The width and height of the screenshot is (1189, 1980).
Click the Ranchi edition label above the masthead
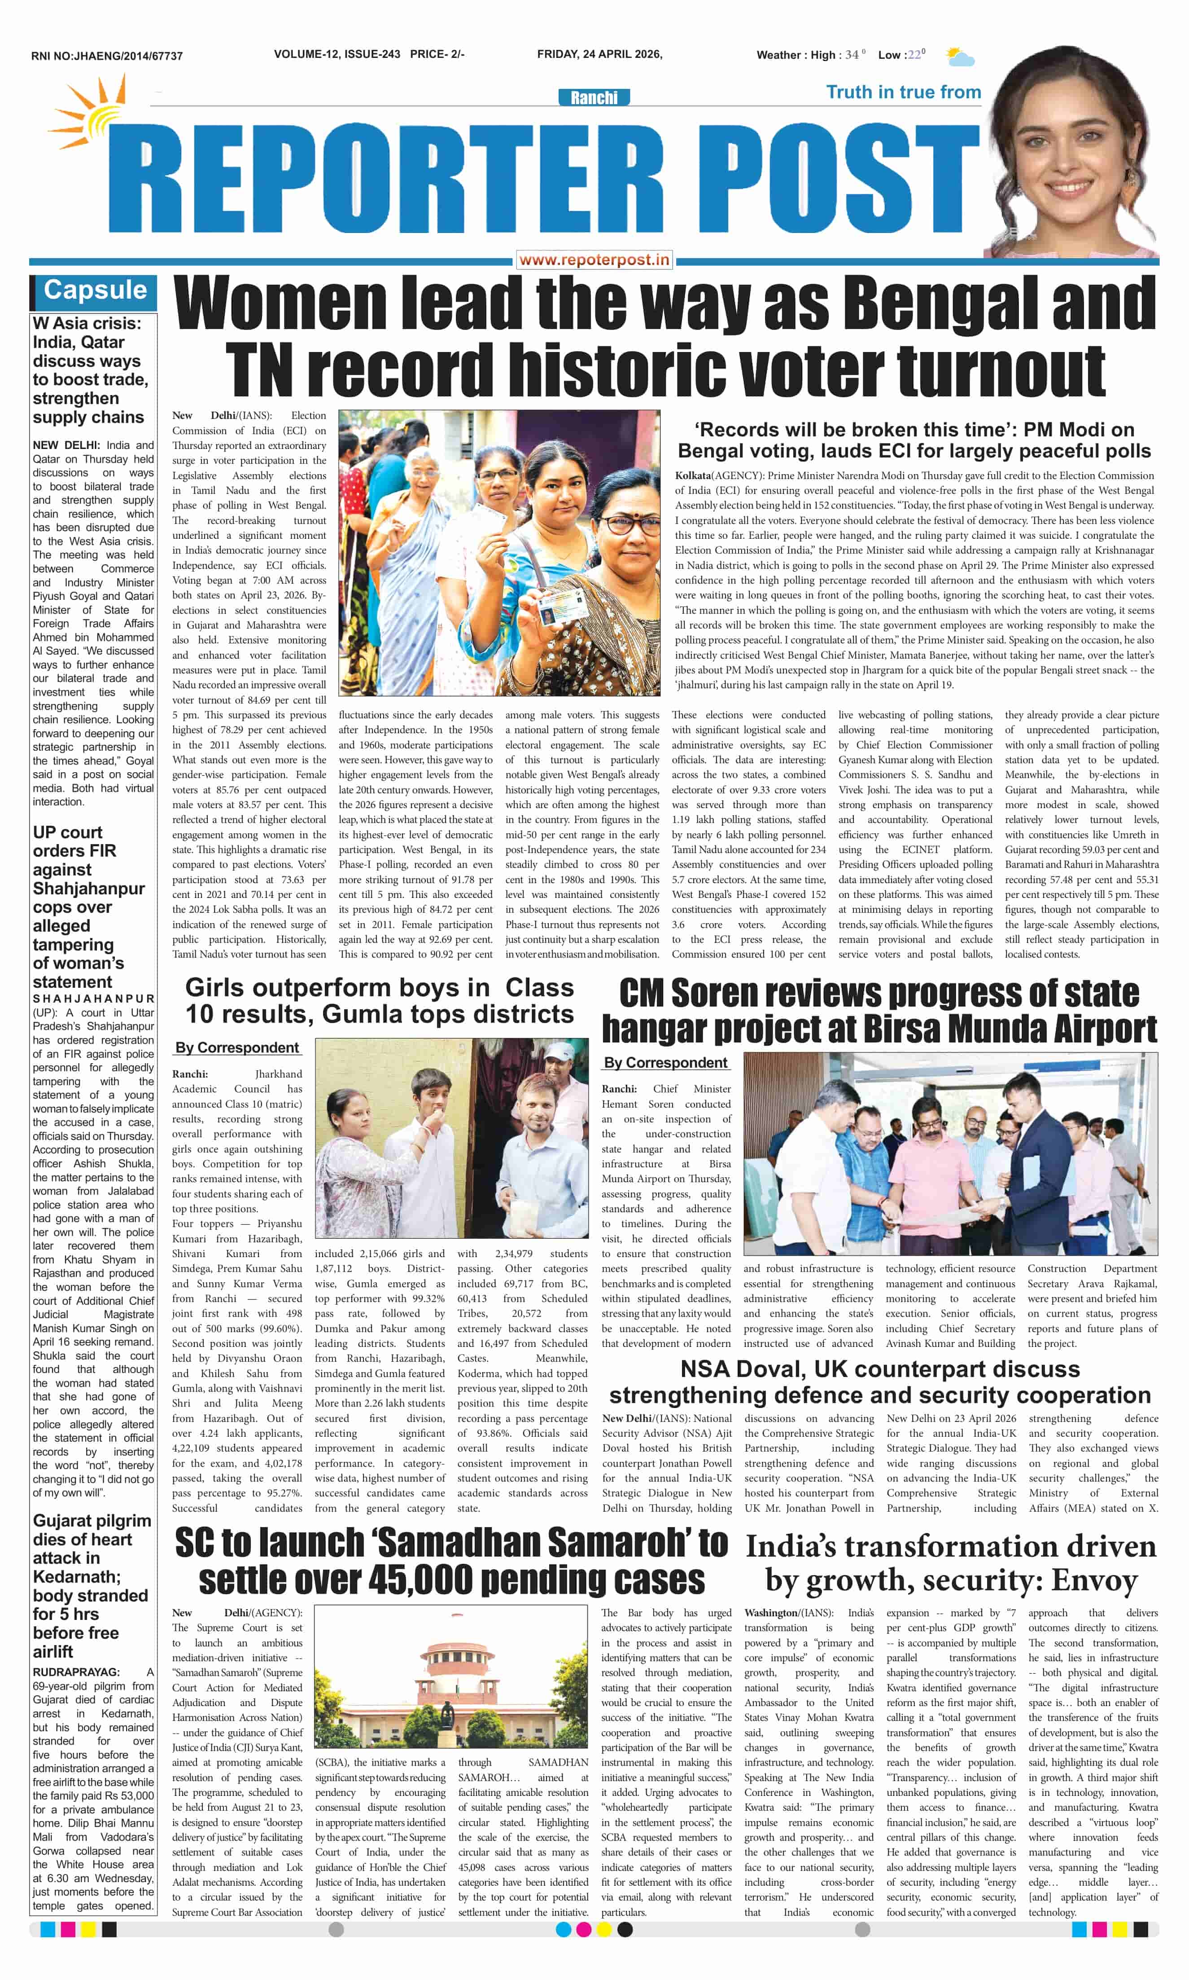[594, 98]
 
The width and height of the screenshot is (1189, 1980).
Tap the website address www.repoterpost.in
[594, 260]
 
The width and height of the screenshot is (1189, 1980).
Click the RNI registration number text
[107, 56]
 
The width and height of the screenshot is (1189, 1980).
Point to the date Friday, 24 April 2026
[599, 54]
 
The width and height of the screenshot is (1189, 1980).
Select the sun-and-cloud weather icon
[959, 57]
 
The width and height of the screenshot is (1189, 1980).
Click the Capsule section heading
[95, 290]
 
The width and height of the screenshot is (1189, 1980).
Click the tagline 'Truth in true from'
[903, 92]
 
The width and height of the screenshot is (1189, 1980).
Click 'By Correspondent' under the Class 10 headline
[237, 1048]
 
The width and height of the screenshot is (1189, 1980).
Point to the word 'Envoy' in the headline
[1094, 1580]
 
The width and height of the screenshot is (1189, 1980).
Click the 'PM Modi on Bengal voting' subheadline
[914, 440]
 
